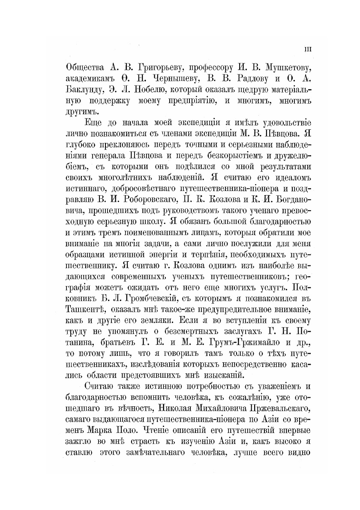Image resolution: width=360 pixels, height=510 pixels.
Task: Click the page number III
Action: tap(308, 49)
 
